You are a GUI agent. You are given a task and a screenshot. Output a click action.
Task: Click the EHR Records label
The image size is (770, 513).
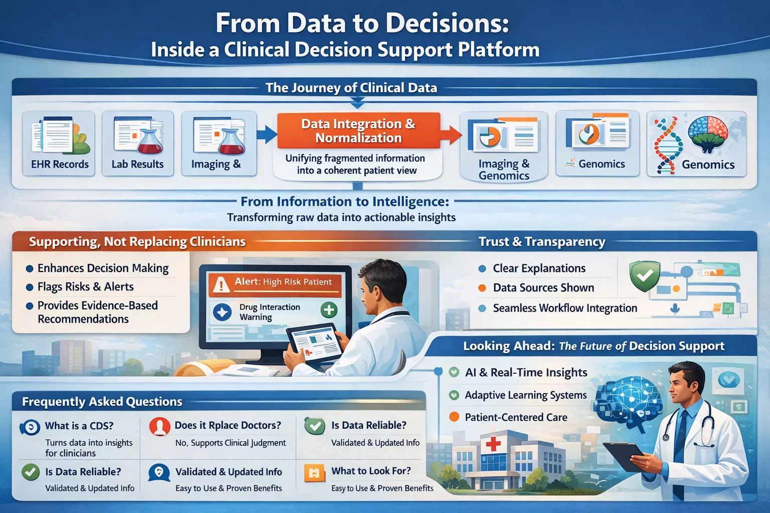click(60, 164)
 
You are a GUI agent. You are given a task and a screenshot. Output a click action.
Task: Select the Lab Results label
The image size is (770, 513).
click(137, 164)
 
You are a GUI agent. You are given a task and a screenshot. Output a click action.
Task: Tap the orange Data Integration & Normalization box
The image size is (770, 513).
click(358, 131)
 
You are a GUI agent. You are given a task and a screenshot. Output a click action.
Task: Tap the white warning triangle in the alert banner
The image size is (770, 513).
click(221, 285)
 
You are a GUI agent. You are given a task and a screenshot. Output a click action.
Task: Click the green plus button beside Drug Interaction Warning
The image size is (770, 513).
click(329, 310)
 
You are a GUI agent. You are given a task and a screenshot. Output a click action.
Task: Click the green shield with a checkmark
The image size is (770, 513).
click(645, 276)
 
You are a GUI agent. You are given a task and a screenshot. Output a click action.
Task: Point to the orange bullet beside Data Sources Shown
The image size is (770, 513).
click(482, 288)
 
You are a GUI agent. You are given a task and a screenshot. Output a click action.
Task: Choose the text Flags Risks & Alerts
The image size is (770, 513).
click(86, 287)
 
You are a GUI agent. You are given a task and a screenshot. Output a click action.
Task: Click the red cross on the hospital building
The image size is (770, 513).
click(493, 443)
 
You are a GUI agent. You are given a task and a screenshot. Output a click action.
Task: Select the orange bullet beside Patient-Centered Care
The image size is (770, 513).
click(454, 417)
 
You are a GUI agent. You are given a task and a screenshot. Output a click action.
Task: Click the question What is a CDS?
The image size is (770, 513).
click(79, 426)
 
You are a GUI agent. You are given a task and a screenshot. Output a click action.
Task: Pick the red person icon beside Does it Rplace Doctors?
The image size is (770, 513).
click(160, 426)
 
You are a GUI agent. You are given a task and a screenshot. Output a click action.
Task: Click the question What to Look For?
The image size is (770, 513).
click(371, 471)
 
